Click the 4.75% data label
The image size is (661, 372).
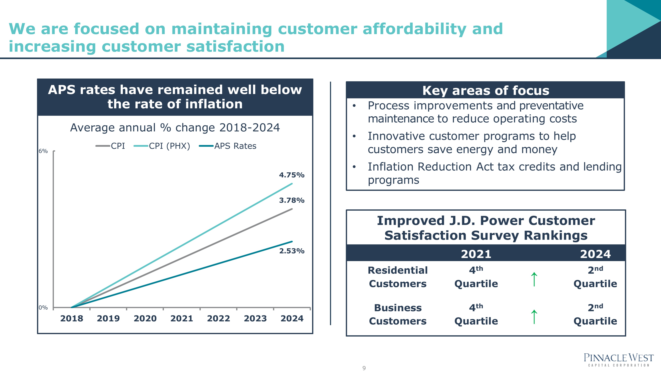(x=292, y=175)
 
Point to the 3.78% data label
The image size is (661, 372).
(x=292, y=200)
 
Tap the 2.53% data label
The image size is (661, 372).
(x=292, y=251)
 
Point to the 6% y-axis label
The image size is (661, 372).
(x=43, y=151)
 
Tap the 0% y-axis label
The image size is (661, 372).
(x=43, y=308)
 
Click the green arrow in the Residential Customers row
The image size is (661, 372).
(x=534, y=279)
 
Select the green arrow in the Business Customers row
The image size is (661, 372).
(x=534, y=317)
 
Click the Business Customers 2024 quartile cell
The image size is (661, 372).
(x=595, y=314)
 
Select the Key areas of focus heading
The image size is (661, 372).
(x=486, y=91)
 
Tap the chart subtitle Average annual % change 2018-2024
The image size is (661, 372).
(x=175, y=128)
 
